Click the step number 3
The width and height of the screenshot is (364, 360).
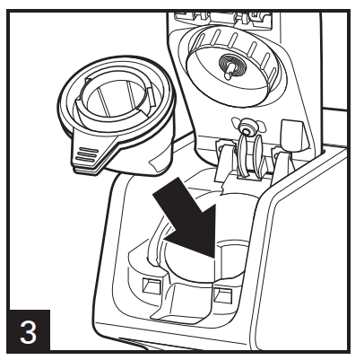(29, 332)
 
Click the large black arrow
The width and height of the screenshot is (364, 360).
(187, 220)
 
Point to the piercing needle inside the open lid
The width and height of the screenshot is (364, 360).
(230, 71)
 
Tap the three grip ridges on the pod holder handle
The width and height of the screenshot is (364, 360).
(86, 155)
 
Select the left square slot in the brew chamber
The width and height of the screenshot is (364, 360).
(151, 286)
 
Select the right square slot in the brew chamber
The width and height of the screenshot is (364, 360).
(223, 294)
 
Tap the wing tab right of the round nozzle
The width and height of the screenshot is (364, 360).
(260, 126)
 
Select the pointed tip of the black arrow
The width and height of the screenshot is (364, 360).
(214, 258)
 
